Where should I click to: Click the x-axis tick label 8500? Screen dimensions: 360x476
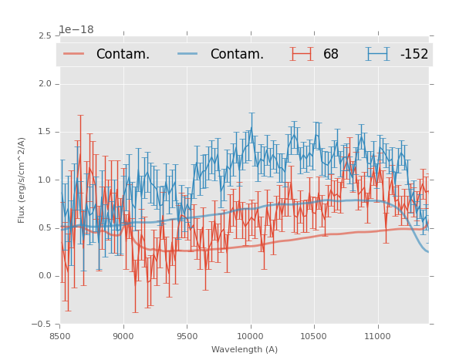tap(59, 336)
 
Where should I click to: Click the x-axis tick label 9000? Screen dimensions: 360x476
tap(123, 336)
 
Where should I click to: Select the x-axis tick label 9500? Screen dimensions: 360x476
tap(187, 336)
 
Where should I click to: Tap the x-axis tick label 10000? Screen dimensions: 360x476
tap(251, 336)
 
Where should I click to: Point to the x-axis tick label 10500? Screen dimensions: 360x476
tap(314, 336)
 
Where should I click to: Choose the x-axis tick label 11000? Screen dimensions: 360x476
tap(378, 336)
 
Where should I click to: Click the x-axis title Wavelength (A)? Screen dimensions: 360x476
tap(245, 350)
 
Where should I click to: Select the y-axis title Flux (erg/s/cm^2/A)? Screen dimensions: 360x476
tap(22, 180)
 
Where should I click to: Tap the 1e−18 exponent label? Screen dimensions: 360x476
tap(76, 30)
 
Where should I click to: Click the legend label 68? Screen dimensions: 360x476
tap(331, 54)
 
